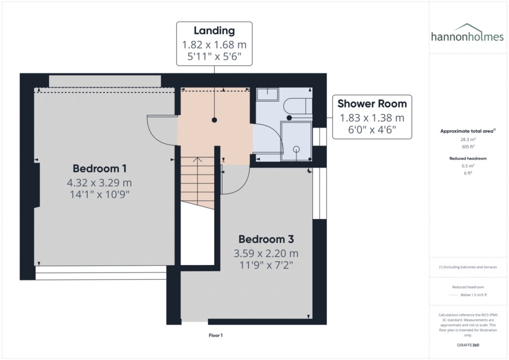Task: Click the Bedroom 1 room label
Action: pyautogui.click(x=99, y=169)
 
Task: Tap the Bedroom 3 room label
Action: pyautogui.click(x=266, y=239)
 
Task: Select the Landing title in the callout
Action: pyautogui.click(x=214, y=30)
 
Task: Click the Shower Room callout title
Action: pyautogui.click(x=372, y=103)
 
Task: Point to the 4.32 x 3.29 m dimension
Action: pyautogui.click(x=99, y=183)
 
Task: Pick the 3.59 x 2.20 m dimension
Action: pyautogui.click(x=266, y=253)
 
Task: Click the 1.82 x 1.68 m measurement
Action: pyautogui.click(x=214, y=44)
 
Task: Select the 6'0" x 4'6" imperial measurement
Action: pyautogui.click(x=372, y=130)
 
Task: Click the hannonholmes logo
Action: pyautogui.click(x=467, y=33)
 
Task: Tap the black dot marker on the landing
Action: pyautogui.click(x=214, y=120)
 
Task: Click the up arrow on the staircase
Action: pyautogui.click(x=197, y=160)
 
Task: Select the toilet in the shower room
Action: pyautogui.click(x=298, y=106)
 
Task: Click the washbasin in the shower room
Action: pyautogui.click(x=267, y=94)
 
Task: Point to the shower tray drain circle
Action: pyautogui.click(x=296, y=149)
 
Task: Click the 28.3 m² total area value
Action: pyautogui.click(x=468, y=140)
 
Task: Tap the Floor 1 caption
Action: pyautogui.click(x=216, y=335)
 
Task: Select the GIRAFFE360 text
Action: pyautogui.click(x=468, y=345)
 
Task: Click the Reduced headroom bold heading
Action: pyautogui.click(x=468, y=159)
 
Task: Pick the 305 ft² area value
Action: pyautogui.click(x=468, y=147)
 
